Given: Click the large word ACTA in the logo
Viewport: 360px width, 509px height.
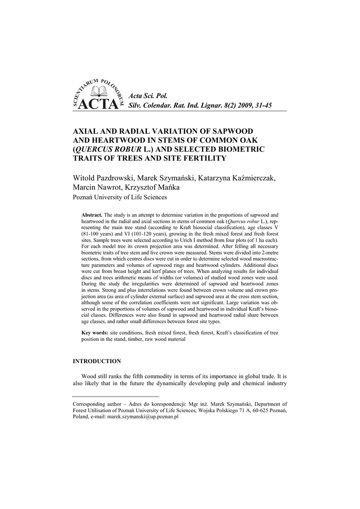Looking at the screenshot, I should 99,105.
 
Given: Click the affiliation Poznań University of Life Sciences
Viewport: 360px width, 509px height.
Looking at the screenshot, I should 120,197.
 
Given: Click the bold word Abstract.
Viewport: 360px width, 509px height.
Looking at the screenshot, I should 92,214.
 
